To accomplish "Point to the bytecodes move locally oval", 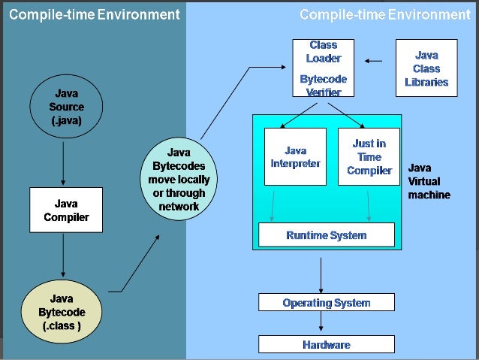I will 179,178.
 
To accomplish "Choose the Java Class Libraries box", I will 426,68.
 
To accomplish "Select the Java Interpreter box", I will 295,156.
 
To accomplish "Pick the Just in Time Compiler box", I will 369,156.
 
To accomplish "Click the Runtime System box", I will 326,235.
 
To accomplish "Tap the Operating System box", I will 326,303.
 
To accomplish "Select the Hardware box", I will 326,345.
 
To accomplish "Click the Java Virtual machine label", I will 429,181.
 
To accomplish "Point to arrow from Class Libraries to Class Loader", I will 373,60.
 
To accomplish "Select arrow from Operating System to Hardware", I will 322,324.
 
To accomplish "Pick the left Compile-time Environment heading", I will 95,14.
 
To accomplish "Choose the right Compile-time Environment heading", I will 384,14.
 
